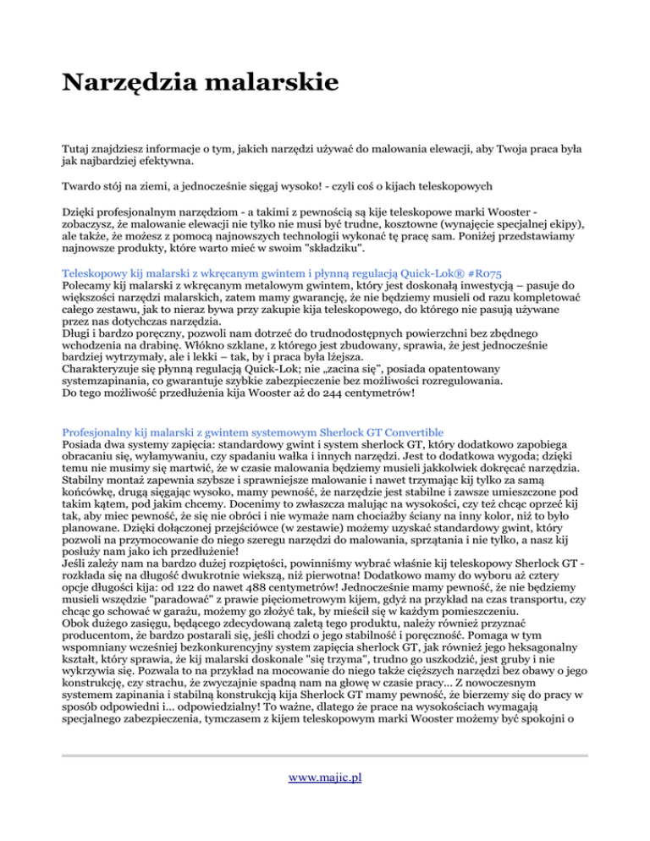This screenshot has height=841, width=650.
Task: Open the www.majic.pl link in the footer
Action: click(324, 776)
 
